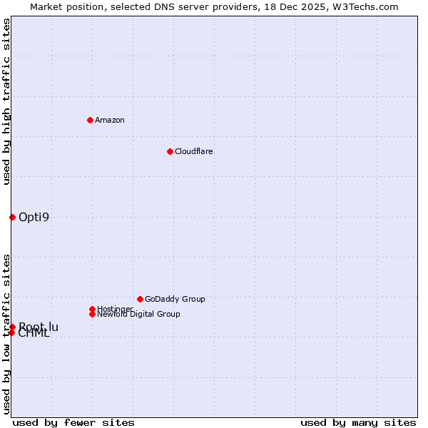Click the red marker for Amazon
tap(90, 120)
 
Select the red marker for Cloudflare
tap(170, 151)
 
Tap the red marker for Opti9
tap(12, 217)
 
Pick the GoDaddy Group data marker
tap(140, 299)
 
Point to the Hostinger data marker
tap(92, 309)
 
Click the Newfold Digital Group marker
tap(92, 314)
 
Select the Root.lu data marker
tap(12, 327)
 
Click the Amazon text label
tap(110, 120)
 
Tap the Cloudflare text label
tap(194, 151)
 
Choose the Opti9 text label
tap(34, 217)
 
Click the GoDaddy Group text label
tap(175, 299)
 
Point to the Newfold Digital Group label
tap(138, 314)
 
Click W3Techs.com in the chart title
tap(365, 6)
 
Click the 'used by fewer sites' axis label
tap(73, 422)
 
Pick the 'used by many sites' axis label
tap(358, 422)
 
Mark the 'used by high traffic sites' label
tap(6, 101)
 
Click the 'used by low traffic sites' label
tap(6, 334)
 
